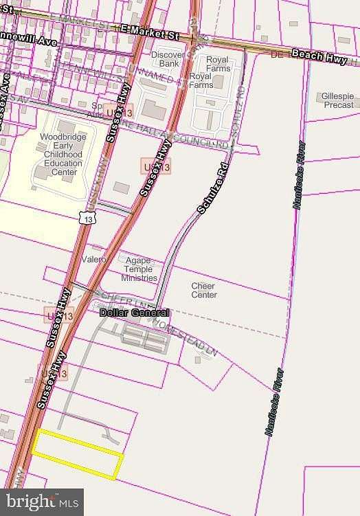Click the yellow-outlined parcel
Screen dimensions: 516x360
coord(77,453)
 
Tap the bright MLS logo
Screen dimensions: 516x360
coord(42,502)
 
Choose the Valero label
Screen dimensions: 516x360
coord(94,260)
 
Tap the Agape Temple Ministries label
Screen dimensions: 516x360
coord(139,269)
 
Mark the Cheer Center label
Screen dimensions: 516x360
coord(203,291)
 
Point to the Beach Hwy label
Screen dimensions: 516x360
coord(318,56)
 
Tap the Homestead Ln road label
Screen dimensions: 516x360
coord(185,337)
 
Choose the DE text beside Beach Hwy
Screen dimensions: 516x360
coord(277,54)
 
